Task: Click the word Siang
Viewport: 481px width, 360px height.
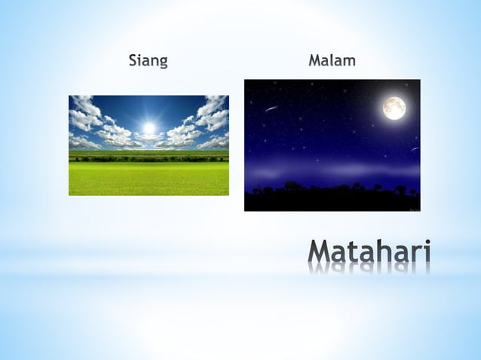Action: [x=148, y=61]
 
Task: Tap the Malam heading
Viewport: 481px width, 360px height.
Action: [x=332, y=60]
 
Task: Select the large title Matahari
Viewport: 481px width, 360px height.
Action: [x=369, y=252]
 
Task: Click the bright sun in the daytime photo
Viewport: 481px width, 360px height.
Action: [x=149, y=128]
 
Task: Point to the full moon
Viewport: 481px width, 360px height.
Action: [x=394, y=108]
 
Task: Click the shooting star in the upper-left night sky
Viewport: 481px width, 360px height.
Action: [x=271, y=108]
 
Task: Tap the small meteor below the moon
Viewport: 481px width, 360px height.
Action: [x=414, y=149]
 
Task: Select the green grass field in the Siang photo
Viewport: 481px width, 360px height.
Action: [x=149, y=179]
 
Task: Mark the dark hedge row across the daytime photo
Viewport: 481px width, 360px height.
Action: [x=149, y=157]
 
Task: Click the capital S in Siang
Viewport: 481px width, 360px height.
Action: [x=133, y=60]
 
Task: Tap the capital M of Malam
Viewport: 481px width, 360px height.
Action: [x=314, y=60]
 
